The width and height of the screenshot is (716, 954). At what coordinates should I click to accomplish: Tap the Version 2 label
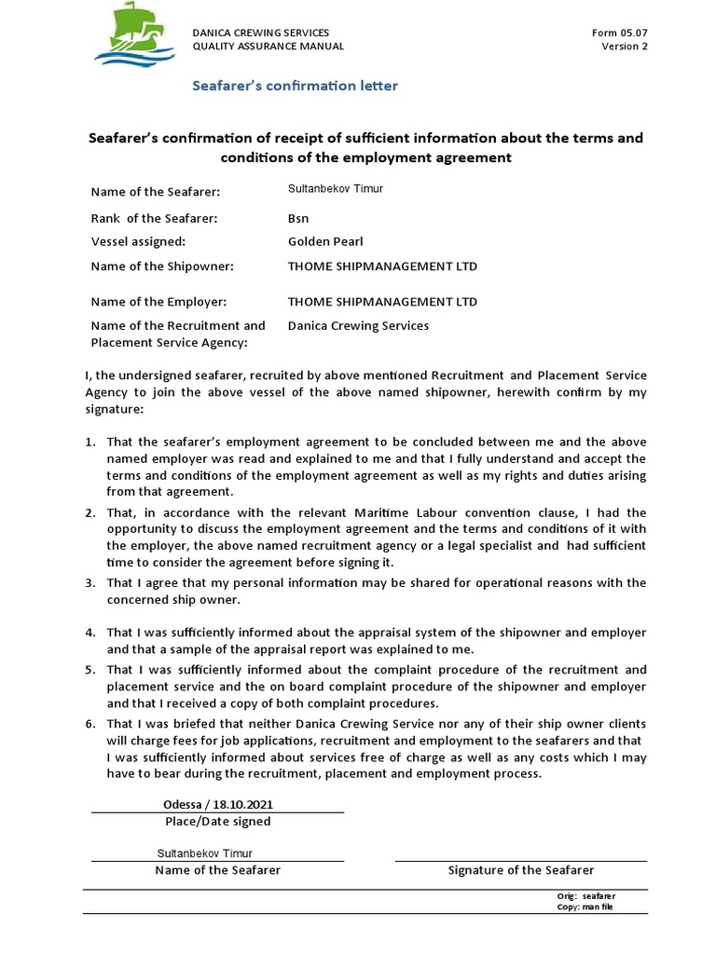[x=625, y=47]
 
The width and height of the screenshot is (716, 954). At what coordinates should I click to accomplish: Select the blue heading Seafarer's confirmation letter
[x=295, y=86]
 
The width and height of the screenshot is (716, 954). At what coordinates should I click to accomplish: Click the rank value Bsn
[x=298, y=219]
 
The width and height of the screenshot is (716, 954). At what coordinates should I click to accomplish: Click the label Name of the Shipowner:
[x=161, y=266]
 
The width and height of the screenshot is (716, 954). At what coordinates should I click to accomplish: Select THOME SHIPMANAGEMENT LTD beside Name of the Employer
[x=382, y=302]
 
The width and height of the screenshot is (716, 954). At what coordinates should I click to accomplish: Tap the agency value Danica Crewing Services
[x=359, y=326]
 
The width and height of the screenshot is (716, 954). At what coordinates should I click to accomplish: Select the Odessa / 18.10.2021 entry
[x=217, y=804]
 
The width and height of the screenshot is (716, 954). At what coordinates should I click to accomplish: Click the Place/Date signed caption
[x=217, y=822]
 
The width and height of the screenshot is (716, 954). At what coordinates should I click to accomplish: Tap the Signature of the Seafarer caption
[x=521, y=870]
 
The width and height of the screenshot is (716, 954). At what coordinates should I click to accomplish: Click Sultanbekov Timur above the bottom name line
[x=204, y=853]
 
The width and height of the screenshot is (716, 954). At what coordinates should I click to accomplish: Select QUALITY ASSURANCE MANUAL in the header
[x=268, y=47]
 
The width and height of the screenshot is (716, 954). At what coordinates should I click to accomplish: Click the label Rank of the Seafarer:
[x=154, y=219]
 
